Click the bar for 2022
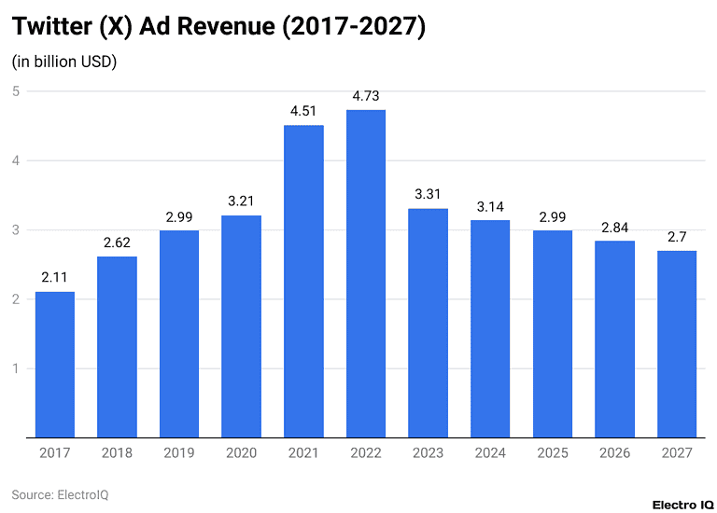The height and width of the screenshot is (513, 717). (x=365, y=273)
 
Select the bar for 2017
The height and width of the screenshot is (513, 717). (x=55, y=364)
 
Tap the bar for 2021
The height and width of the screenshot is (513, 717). (x=303, y=281)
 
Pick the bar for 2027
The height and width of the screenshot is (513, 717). (x=676, y=343)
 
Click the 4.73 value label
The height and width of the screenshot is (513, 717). (x=365, y=96)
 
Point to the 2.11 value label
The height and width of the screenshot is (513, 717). (x=55, y=278)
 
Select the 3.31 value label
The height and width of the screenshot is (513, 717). (x=428, y=195)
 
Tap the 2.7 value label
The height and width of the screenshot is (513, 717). (x=676, y=237)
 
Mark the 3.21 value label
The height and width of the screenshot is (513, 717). (x=241, y=201)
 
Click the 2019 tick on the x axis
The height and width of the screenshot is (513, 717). (x=179, y=453)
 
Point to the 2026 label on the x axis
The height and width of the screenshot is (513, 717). (x=614, y=453)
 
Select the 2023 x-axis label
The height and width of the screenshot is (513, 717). (x=428, y=453)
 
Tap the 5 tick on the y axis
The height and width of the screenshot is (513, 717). (x=16, y=91)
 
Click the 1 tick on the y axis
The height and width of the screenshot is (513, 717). (x=16, y=368)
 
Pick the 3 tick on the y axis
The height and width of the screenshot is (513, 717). (x=16, y=230)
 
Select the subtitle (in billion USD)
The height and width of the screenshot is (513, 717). (x=64, y=62)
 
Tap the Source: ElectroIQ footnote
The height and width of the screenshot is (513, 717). (x=60, y=494)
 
